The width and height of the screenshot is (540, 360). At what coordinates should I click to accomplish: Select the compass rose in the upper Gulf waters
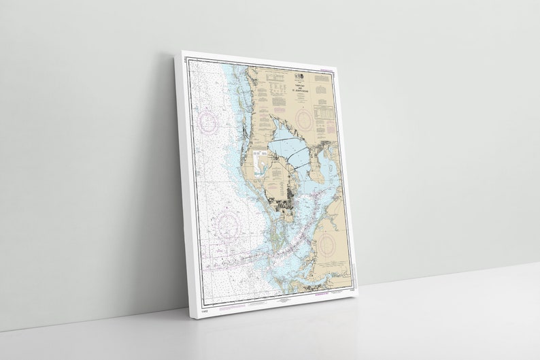207,123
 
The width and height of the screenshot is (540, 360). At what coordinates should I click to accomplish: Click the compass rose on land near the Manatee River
326,242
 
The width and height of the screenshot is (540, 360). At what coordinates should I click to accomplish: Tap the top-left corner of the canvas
182,53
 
